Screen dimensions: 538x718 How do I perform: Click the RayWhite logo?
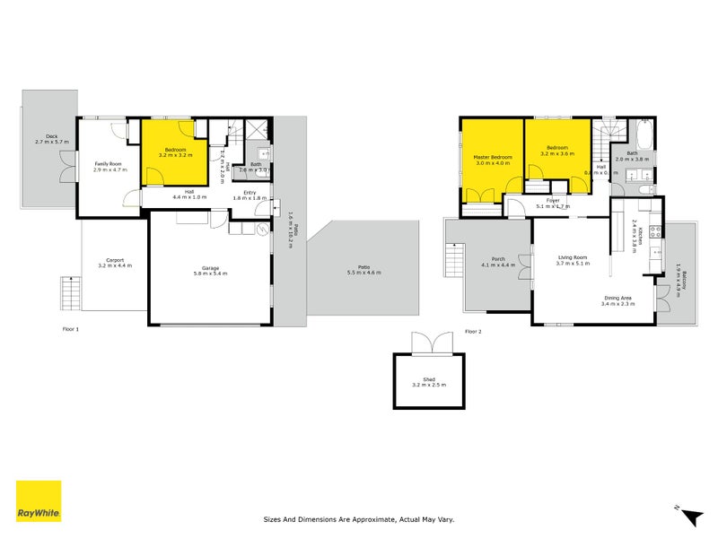pyautogui.click(x=39, y=501)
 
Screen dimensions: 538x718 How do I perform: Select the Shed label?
pyautogui.click(x=429, y=380)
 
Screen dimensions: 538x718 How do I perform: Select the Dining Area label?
pyautogui.click(x=617, y=299)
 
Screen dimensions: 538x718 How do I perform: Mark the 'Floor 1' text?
pyautogui.click(x=71, y=329)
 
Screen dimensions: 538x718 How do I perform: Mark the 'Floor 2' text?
pyautogui.click(x=473, y=331)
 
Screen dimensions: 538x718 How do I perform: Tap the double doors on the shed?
pyautogui.click(x=429, y=343)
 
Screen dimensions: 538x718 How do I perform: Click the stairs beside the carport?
pyautogui.click(x=70, y=292)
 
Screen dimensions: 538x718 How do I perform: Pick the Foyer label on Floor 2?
pyautogui.click(x=553, y=200)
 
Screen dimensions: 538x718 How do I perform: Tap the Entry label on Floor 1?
pyautogui.click(x=244, y=192)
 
